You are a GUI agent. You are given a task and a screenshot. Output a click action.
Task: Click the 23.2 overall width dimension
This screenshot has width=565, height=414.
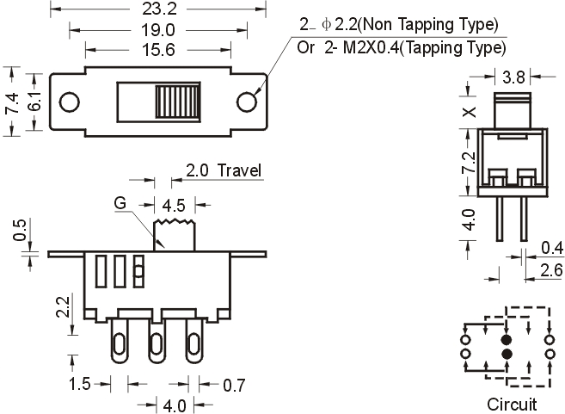(x=159, y=9)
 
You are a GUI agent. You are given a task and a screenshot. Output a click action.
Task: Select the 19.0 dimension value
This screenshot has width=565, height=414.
(x=158, y=30)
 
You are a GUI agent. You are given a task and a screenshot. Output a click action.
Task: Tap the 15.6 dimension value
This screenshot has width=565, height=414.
(x=158, y=49)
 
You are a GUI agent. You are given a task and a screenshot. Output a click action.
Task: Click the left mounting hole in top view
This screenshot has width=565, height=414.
(x=70, y=102)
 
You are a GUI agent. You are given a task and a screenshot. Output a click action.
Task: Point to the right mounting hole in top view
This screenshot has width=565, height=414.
(x=247, y=102)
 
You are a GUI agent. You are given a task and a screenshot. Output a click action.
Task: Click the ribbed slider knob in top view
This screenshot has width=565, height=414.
(x=178, y=102)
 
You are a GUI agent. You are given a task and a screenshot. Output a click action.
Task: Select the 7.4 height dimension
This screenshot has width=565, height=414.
(x=12, y=102)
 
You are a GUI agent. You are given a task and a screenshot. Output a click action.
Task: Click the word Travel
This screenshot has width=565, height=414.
(x=239, y=170)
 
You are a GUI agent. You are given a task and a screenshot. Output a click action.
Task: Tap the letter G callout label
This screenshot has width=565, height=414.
(x=120, y=203)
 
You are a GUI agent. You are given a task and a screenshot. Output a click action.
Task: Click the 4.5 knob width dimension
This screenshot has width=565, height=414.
(x=174, y=206)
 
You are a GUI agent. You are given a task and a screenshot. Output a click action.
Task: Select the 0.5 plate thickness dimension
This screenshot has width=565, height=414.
(x=20, y=230)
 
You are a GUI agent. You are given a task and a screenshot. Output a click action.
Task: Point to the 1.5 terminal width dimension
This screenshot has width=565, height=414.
(x=80, y=384)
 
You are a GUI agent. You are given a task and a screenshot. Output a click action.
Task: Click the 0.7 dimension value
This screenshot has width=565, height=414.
(x=234, y=385)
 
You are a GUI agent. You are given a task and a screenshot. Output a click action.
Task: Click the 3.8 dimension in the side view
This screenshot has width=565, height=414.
(x=513, y=77)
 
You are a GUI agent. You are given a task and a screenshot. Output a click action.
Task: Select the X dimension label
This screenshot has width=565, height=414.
(x=470, y=112)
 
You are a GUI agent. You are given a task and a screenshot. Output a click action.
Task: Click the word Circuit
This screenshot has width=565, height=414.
(x=512, y=405)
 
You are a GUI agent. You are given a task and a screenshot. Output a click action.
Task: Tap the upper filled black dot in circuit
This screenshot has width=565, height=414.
(x=507, y=340)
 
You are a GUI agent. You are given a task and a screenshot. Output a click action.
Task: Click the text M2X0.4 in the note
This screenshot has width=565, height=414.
(x=372, y=47)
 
